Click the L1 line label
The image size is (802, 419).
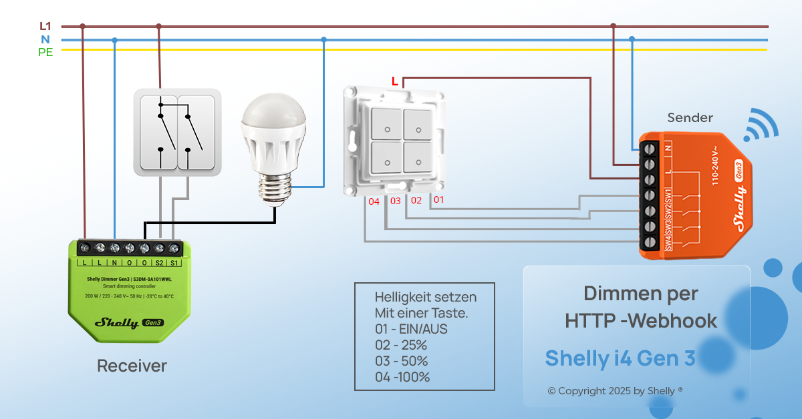(x=45, y=26)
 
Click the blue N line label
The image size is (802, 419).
(x=45, y=39)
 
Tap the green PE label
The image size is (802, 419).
(x=45, y=52)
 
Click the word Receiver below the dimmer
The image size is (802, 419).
(x=132, y=366)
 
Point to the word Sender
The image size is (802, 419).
(x=690, y=118)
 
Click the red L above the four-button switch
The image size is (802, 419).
(x=395, y=81)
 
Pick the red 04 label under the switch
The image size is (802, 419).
(x=374, y=201)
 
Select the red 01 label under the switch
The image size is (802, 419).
(x=438, y=199)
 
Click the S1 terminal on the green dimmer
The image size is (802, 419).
(x=174, y=249)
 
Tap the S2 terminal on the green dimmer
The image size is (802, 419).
(x=159, y=249)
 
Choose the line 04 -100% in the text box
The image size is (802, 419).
(x=402, y=377)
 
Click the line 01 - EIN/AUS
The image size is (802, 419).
(x=411, y=329)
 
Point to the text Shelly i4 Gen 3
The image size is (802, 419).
(x=620, y=358)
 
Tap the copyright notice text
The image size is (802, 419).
(x=615, y=391)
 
